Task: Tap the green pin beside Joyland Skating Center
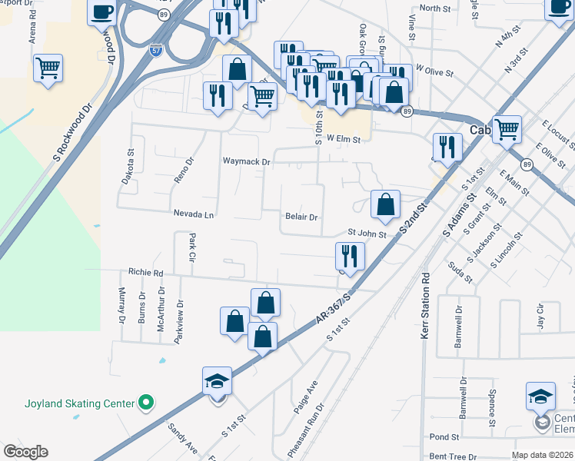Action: (145, 402)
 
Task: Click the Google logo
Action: (25, 452)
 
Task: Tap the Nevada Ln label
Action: (194, 214)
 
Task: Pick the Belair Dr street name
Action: (301, 217)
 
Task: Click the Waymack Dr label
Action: (247, 162)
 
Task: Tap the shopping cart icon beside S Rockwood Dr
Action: (48, 68)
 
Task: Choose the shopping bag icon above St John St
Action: (385, 204)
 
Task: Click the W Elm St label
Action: (343, 138)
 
